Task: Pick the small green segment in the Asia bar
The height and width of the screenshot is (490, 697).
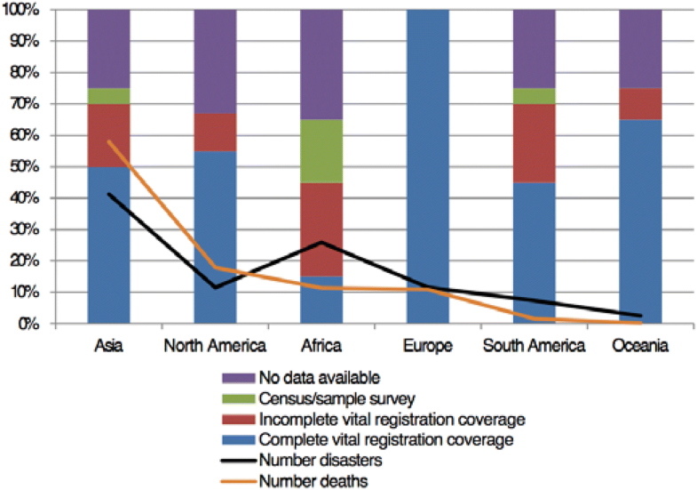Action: tap(108, 96)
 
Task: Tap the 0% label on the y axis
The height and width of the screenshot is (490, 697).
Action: tap(37, 324)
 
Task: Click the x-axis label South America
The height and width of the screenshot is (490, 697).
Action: tap(534, 346)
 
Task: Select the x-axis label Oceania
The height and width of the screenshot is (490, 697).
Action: tap(639, 346)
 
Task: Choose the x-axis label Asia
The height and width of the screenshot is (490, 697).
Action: tap(108, 346)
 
